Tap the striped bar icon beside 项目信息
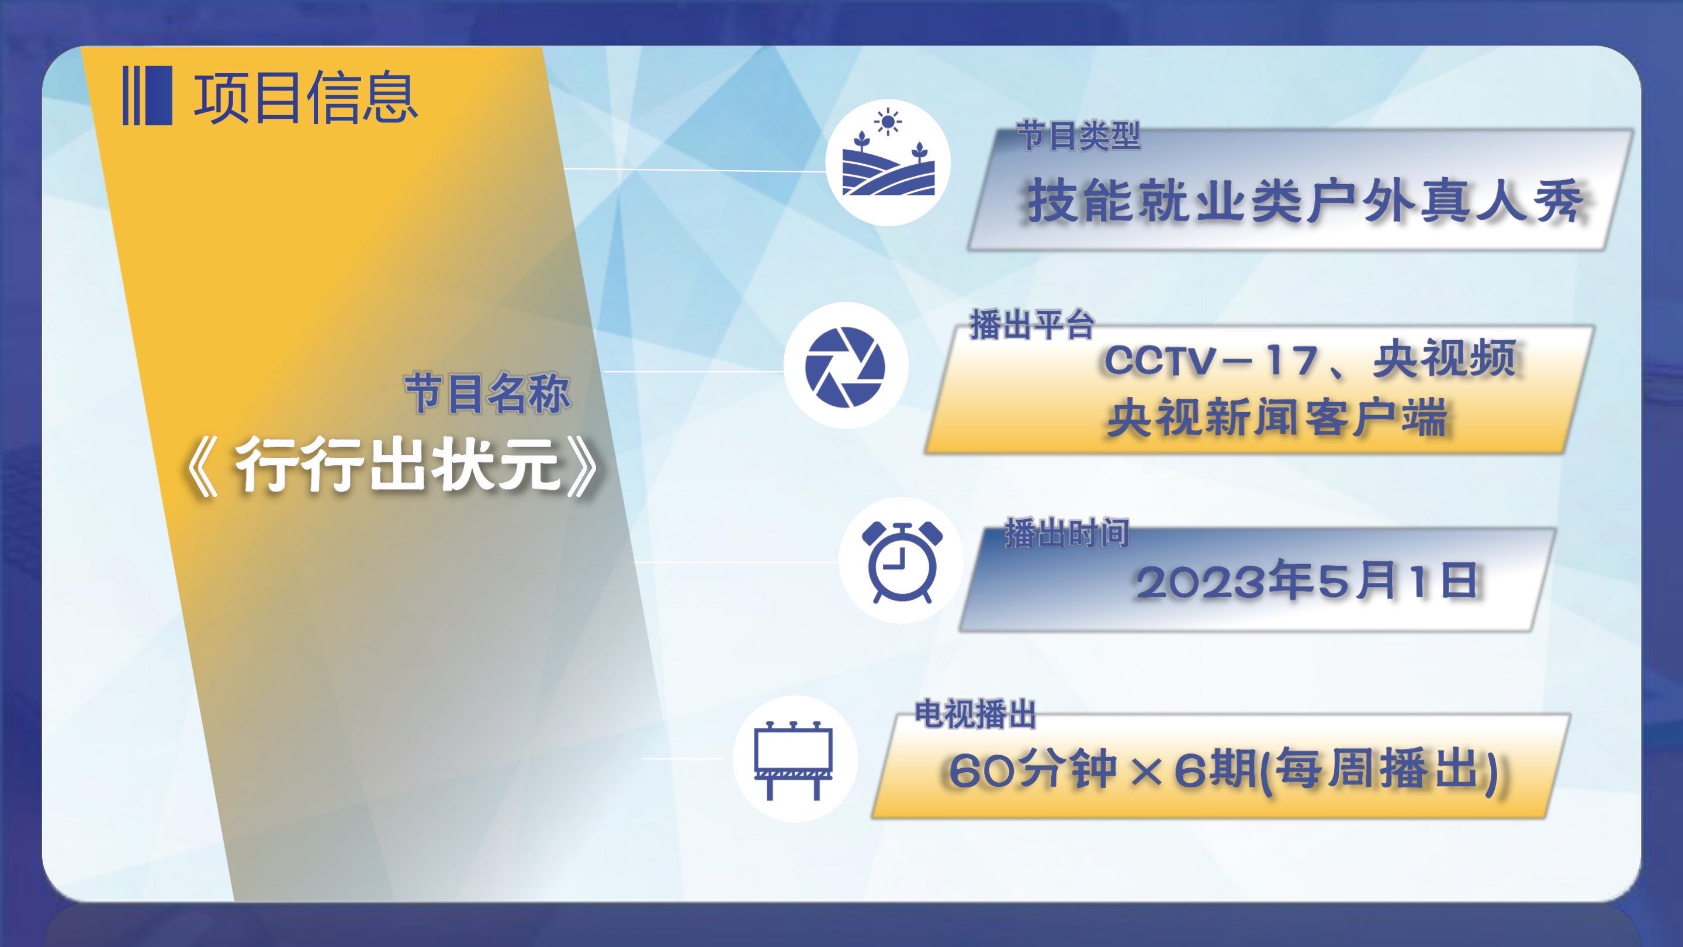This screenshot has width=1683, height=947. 148,95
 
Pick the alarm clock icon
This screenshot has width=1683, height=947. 902,562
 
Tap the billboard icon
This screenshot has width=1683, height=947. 793,760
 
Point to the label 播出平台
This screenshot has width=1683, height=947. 1031,325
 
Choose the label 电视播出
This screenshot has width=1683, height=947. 975,714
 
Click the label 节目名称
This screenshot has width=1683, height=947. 487,393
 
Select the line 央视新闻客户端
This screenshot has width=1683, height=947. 1277,417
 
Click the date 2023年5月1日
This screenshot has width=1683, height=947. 1307,581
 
